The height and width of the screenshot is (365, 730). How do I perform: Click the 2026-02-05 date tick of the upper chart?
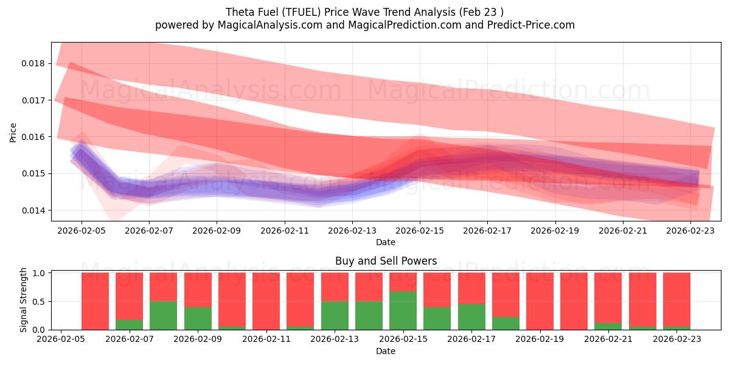82,232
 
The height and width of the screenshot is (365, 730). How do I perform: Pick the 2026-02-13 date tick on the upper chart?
352,232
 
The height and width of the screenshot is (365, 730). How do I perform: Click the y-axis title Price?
13,132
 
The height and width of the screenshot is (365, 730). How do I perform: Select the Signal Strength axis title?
23,300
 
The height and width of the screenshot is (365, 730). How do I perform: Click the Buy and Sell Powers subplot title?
386,262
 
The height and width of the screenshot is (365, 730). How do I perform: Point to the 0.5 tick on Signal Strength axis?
40,301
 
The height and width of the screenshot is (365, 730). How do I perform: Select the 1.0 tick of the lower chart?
40,273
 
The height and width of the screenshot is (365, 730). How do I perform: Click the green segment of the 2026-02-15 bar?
403,310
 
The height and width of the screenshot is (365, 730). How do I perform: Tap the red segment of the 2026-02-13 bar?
335,287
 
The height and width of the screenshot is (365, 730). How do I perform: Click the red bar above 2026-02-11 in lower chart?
266,301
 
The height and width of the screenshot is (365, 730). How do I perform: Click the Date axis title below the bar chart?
386,351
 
